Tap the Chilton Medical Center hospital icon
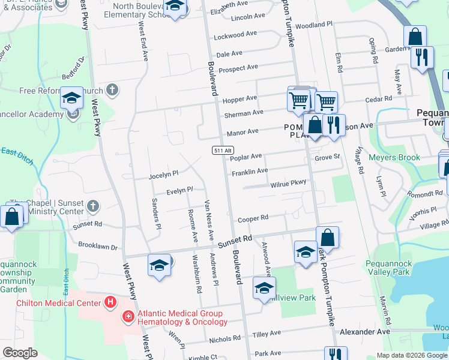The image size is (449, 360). [109, 302]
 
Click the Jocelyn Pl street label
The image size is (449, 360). [164, 174]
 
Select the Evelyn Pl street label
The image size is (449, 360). [179, 190]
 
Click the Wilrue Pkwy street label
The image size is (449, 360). [288, 183]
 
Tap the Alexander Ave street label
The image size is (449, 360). [365, 331]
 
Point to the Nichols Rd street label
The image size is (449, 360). [224, 338]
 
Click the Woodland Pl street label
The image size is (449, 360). [313, 25]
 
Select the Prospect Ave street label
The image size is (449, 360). [238, 68]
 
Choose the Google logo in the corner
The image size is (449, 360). [20, 353]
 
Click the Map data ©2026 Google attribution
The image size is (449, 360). [412, 355]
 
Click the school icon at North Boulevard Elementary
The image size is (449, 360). [175, 8]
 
